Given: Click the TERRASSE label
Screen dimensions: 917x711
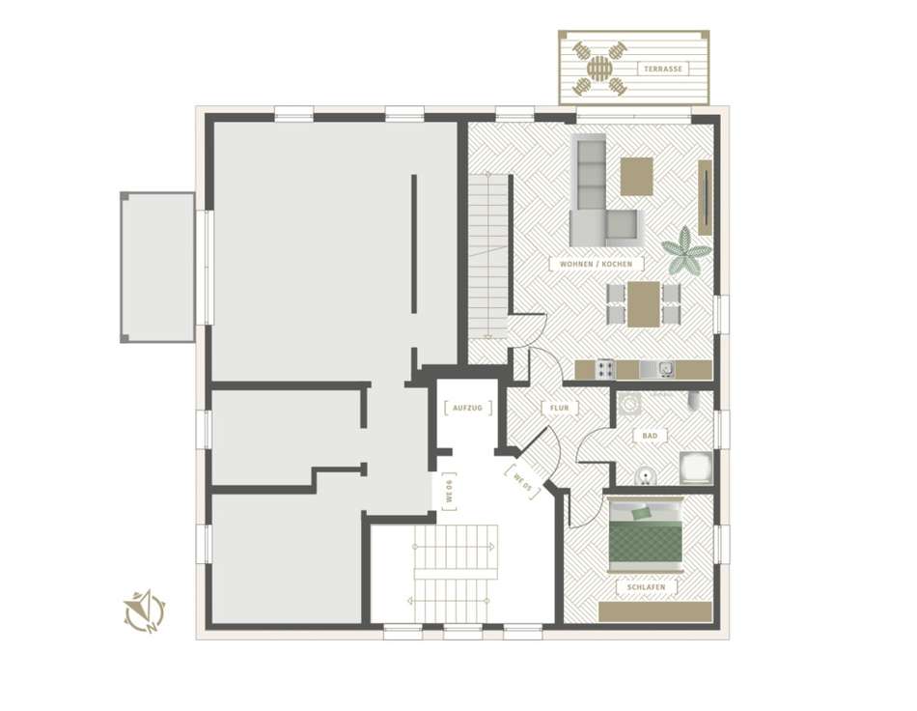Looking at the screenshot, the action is pyautogui.click(x=662, y=69).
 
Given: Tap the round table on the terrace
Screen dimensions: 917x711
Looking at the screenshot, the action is pyautogui.click(x=599, y=69).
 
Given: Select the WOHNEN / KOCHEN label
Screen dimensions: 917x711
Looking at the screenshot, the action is pyautogui.click(x=596, y=264).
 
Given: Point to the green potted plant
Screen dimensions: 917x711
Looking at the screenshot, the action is pyautogui.click(x=686, y=250).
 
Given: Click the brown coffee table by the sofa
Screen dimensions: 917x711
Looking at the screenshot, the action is pyautogui.click(x=637, y=176).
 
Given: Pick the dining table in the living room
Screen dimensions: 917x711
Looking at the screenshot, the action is pyautogui.click(x=644, y=304).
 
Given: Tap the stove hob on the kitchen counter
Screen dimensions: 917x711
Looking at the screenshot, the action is pyautogui.click(x=605, y=369).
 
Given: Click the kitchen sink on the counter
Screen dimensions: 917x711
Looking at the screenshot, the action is pyautogui.click(x=657, y=369).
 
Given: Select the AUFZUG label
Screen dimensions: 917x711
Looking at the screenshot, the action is pyautogui.click(x=468, y=408).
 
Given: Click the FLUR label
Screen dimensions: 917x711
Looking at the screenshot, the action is pyautogui.click(x=560, y=408).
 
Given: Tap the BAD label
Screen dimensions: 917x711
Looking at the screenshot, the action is pyautogui.click(x=650, y=436).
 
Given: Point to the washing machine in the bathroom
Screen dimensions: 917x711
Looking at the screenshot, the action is pyautogui.click(x=629, y=405).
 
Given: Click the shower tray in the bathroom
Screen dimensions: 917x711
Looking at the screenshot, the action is pyautogui.click(x=696, y=468).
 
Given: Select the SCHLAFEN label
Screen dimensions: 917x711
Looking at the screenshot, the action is pyautogui.click(x=646, y=587).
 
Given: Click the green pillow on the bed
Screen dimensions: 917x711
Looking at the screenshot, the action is pyautogui.click(x=642, y=513).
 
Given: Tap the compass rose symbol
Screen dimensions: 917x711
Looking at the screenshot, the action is pyautogui.click(x=144, y=611).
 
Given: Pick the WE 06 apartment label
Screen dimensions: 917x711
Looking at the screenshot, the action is pyautogui.click(x=449, y=492).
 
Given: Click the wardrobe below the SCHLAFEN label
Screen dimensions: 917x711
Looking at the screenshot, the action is pyautogui.click(x=655, y=612).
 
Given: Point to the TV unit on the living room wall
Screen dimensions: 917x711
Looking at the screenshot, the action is pyautogui.click(x=705, y=197).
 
